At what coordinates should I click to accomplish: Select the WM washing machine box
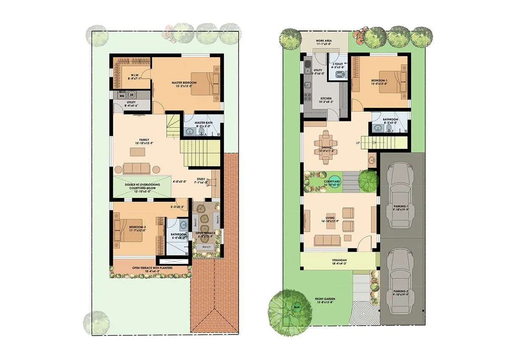pos(121,96)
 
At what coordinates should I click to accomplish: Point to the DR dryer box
pos(132,96)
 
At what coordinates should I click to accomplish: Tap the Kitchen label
pos(326,98)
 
